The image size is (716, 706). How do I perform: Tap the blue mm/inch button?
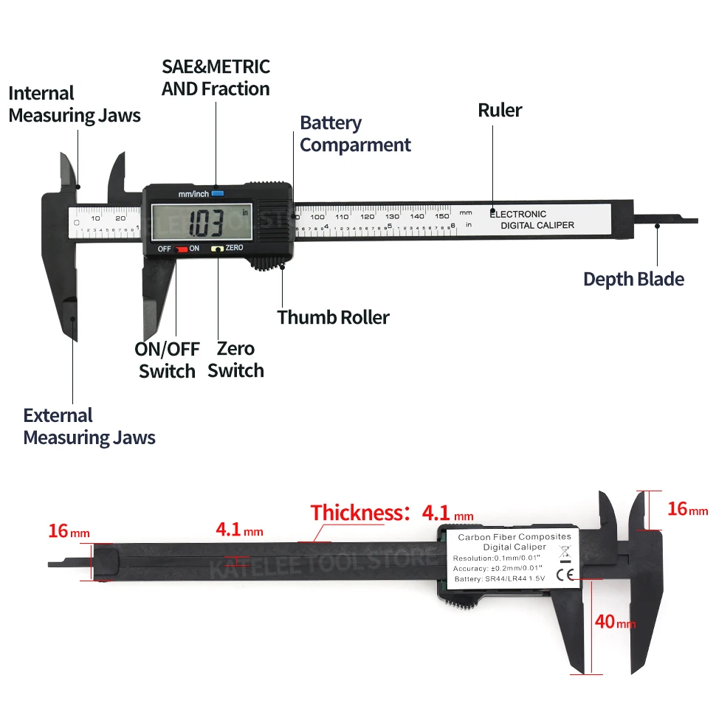coord(216,194)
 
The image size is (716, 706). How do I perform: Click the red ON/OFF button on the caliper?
coord(180,249)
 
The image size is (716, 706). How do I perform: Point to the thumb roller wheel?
coord(270,264)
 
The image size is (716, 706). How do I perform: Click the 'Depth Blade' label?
coord(633,279)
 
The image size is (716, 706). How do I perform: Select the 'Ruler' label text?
coord(500,111)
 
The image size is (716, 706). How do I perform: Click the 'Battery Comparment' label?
coord(355,134)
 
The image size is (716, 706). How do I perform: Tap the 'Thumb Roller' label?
coord(333,317)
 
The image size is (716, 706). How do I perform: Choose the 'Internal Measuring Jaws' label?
coord(74,104)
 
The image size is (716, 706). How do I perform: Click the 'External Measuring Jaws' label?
coord(89,426)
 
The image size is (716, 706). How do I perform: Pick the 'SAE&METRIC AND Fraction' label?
coord(216,77)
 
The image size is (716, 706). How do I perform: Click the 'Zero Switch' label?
coord(235,359)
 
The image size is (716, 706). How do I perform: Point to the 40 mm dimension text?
coord(614,622)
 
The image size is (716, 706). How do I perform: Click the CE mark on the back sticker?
coord(568,573)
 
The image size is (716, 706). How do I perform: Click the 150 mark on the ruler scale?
coord(441,216)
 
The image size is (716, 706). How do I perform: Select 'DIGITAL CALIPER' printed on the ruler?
coord(537,225)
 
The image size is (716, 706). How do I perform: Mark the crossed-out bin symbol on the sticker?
coord(565,550)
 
